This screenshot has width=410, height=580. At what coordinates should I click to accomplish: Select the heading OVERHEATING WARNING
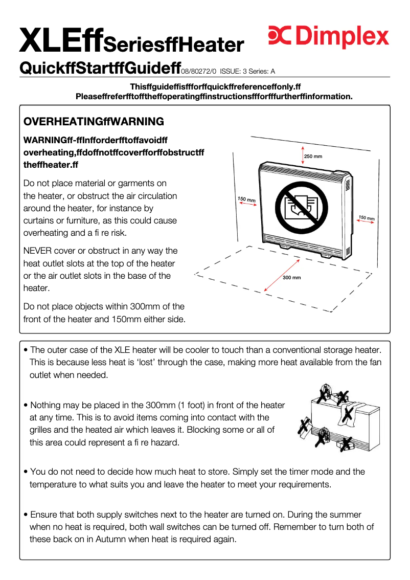click(94, 122)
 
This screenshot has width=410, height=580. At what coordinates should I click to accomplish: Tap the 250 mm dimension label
click(313, 156)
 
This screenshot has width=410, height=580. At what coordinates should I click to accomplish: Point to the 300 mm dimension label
click(292, 277)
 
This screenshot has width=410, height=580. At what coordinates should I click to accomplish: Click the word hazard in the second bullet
click(162, 442)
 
